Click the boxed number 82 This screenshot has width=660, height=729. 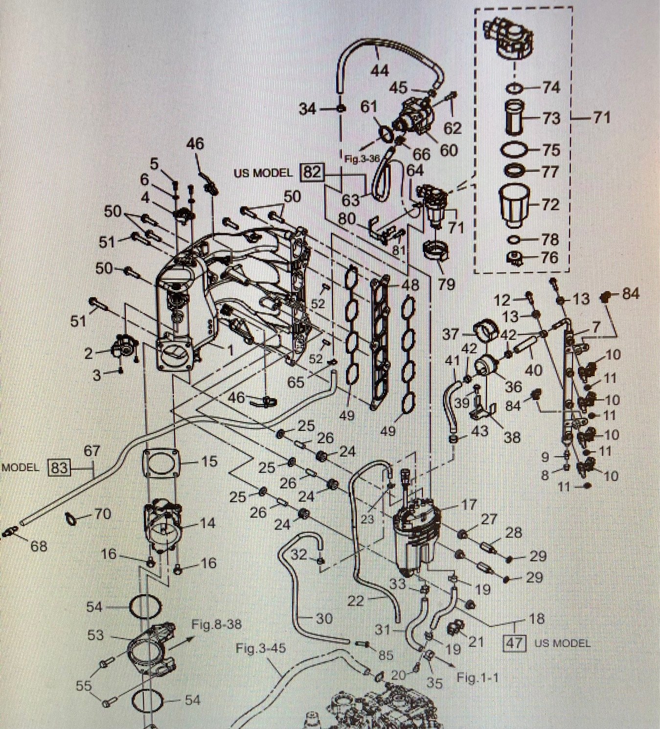click(312, 172)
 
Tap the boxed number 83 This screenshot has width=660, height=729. click(59, 468)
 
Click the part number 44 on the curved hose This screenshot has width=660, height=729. click(379, 70)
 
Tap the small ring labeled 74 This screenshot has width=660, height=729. click(516, 88)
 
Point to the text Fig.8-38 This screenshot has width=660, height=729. click(217, 624)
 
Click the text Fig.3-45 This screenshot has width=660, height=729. click(260, 648)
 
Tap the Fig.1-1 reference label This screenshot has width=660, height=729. click(478, 678)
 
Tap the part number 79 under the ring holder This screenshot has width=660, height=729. click(446, 284)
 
